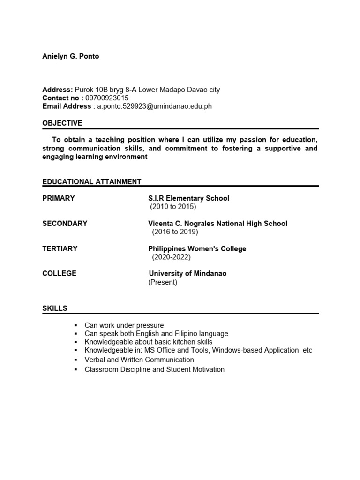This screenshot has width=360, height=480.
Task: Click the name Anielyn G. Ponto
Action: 70,56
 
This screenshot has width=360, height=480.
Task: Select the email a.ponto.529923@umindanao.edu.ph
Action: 154,106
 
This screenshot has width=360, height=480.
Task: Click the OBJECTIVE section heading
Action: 62,123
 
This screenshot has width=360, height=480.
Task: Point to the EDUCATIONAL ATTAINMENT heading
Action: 91,181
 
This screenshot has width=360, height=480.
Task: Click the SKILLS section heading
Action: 55,308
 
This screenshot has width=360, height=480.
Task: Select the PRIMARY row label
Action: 59,198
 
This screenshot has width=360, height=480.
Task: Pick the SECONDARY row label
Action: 65,224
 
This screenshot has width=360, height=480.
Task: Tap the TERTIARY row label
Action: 60,249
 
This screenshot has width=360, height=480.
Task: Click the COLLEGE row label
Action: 59,273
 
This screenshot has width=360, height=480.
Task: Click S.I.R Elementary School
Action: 188,198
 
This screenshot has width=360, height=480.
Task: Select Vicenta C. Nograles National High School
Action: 217,224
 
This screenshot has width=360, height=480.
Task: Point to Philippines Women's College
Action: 197,249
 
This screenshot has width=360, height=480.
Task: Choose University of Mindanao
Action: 187,273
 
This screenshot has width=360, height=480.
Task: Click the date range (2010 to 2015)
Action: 173,207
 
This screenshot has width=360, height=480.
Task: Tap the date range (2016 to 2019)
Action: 175,232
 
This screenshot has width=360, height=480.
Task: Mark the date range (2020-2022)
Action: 171,257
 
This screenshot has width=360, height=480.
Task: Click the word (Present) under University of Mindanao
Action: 163,282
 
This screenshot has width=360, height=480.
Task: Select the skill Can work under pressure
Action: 124,325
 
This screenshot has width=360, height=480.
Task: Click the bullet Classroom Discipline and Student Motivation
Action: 154,369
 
